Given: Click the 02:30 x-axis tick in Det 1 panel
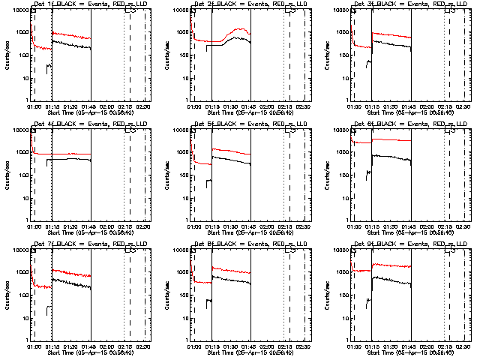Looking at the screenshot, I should (x=145, y=108).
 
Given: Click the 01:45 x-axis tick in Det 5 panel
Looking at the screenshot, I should (x=250, y=228).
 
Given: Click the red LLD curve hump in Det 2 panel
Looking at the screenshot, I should (x=240, y=29).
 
